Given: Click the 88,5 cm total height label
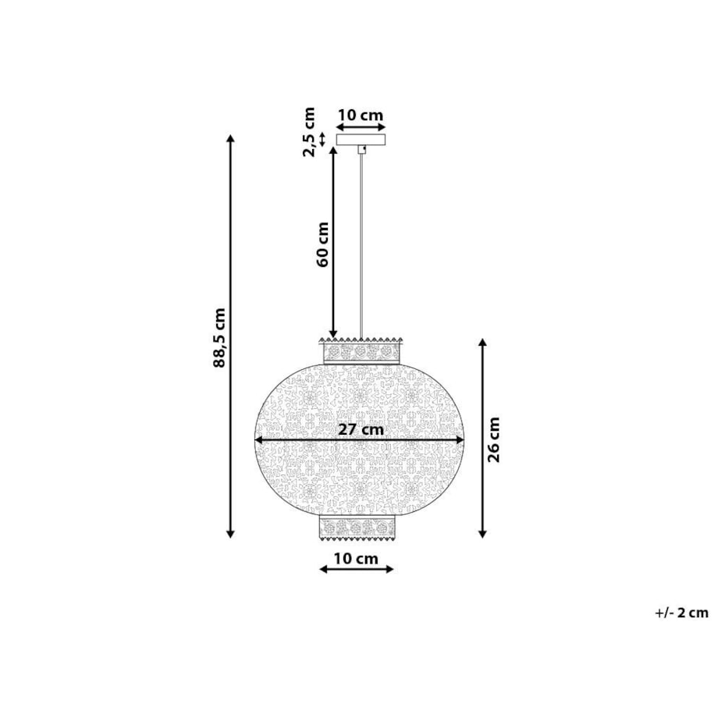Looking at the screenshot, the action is (x=220, y=338).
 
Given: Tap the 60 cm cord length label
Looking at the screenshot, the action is (x=322, y=244).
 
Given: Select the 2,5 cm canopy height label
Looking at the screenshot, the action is (x=309, y=132).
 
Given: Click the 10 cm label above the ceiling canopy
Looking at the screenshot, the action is (x=361, y=115).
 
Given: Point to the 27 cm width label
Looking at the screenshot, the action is (x=361, y=429).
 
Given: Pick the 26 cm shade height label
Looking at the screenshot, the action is (x=493, y=439).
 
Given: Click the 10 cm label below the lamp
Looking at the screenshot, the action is (x=356, y=559).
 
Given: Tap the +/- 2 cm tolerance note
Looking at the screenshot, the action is (x=681, y=613).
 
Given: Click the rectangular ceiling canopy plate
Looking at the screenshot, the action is (x=361, y=139).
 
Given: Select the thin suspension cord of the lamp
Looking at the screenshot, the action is (x=361, y=245).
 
